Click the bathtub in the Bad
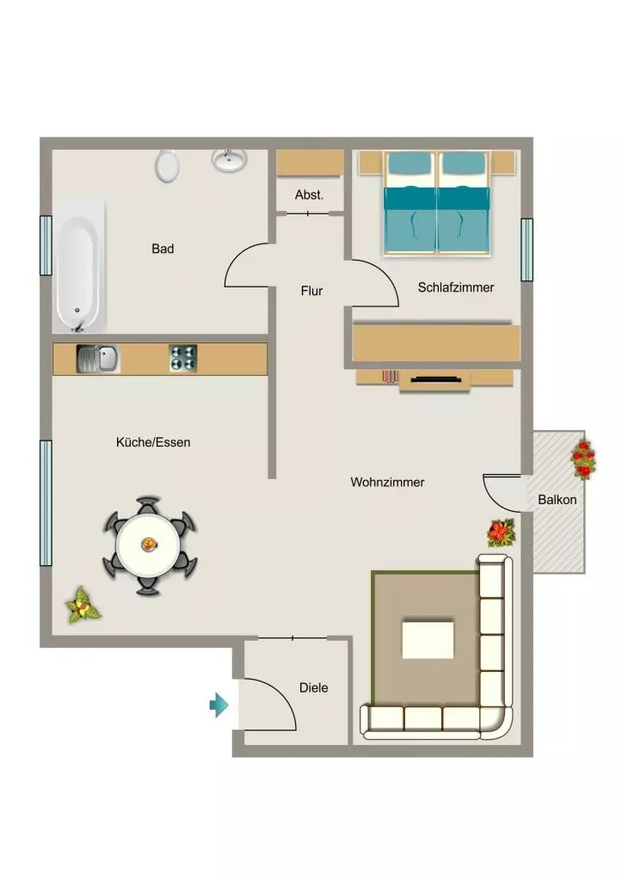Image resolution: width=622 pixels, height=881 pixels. [79, 266]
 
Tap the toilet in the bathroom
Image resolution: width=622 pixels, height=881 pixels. [167, 166]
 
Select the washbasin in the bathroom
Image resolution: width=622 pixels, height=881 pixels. [229, 160]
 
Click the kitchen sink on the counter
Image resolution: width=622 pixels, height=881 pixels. [98, 359]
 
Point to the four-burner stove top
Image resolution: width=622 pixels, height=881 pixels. [183, 359]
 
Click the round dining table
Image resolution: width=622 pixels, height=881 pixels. [148, 545]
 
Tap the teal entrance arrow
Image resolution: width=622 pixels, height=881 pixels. [219, 705]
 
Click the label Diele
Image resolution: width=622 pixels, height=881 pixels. [313, 687]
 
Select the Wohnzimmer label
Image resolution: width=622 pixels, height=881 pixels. [387, 482]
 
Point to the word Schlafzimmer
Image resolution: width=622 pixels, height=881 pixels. [456, 287]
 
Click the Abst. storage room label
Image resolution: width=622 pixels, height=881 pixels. [309, 195]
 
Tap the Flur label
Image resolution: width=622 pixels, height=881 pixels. [311, 291]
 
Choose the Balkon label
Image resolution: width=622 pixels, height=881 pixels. [557, 500]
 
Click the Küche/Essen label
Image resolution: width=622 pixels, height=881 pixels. [153, 442]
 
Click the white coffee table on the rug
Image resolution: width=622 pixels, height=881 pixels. [428, 639]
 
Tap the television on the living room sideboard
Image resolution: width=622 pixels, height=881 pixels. [436, 379]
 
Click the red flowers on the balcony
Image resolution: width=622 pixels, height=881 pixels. [584, 459]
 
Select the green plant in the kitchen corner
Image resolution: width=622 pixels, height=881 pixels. [83, 606]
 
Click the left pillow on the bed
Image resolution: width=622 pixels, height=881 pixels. [409, 163]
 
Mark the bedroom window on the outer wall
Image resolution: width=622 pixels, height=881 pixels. [527, 250]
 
